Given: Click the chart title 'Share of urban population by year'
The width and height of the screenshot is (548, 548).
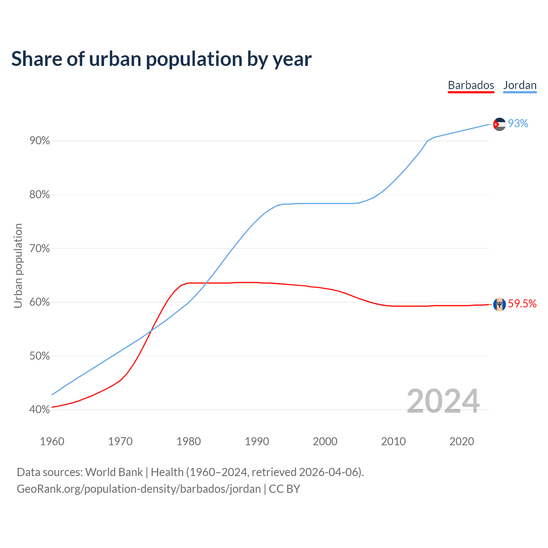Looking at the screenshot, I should (x=161, y=59).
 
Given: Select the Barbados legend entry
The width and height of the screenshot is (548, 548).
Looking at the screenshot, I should (x=471, y=85).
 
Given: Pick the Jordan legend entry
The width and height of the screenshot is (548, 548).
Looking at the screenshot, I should (x=520, y=85).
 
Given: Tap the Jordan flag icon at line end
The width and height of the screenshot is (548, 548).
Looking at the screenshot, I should (x=499, y=124).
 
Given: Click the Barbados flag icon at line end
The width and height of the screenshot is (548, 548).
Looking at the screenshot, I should (x=499, y=304).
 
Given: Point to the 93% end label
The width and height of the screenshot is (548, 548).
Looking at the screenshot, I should (x=518, y=124).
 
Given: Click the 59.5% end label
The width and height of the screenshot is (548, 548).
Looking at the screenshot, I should (x=522, y=304).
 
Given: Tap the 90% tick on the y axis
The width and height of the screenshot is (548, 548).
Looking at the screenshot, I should (x=39, y=141).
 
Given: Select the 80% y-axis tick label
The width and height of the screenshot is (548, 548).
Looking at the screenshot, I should (x=39, y=195).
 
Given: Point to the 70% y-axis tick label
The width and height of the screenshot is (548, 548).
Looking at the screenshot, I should (x=39, y=249).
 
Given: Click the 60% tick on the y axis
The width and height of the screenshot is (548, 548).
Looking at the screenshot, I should (x=39, y=302).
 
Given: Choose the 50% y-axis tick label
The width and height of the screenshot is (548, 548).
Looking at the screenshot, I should (x=39, y=356).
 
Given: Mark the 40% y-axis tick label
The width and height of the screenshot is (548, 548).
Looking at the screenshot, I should (x=39, y=410).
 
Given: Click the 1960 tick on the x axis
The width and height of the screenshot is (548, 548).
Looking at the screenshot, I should (x=52, y=441).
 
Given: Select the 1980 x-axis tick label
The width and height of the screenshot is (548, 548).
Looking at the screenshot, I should (x=189, y=441).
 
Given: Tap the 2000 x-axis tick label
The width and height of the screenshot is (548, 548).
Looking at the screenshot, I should (x=325, y=441).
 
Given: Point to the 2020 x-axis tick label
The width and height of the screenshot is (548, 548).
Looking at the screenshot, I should (x=462, y=441).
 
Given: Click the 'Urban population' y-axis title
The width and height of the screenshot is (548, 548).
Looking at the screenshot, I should (x=18, y=265).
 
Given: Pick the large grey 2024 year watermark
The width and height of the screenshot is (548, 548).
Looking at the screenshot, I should (x=443, y=401).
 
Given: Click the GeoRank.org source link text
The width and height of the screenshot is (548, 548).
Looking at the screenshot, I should (x=139, y=489).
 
